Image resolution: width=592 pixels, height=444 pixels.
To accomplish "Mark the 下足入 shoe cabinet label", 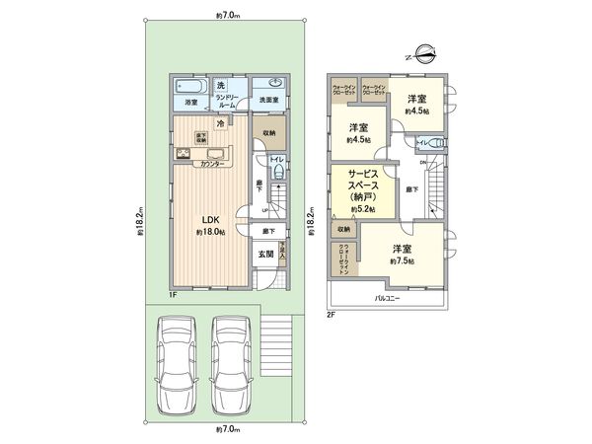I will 283,254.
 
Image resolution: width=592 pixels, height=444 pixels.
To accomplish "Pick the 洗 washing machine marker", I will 221,84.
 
